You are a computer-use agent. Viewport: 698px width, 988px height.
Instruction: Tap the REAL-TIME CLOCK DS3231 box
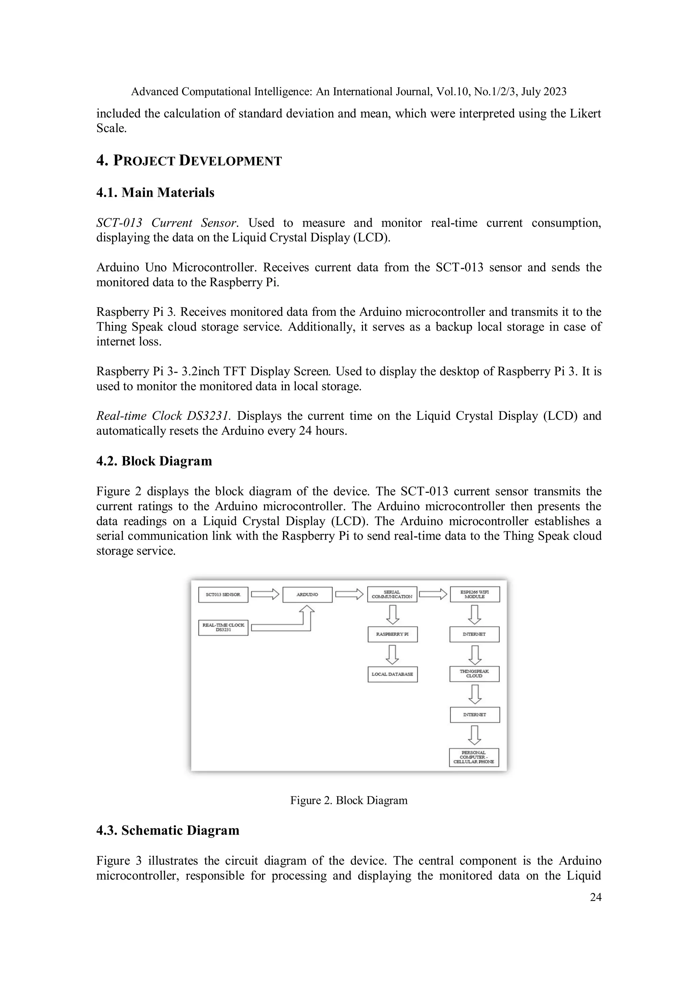[223, 628]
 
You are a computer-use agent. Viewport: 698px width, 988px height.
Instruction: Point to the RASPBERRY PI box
[392, 634]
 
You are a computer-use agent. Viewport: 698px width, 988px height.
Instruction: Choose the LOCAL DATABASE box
[392, 674]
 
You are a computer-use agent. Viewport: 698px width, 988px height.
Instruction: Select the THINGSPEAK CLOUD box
[474, 674]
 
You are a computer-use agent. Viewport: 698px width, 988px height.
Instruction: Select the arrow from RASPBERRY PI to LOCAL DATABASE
[392, 654]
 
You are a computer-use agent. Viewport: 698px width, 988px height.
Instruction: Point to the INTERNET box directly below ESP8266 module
[474, 634]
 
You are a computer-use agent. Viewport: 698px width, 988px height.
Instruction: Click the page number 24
[595, 897]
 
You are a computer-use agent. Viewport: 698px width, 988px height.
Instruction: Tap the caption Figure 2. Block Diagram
[348, 800]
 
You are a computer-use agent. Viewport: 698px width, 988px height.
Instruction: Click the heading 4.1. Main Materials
[155, 192]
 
